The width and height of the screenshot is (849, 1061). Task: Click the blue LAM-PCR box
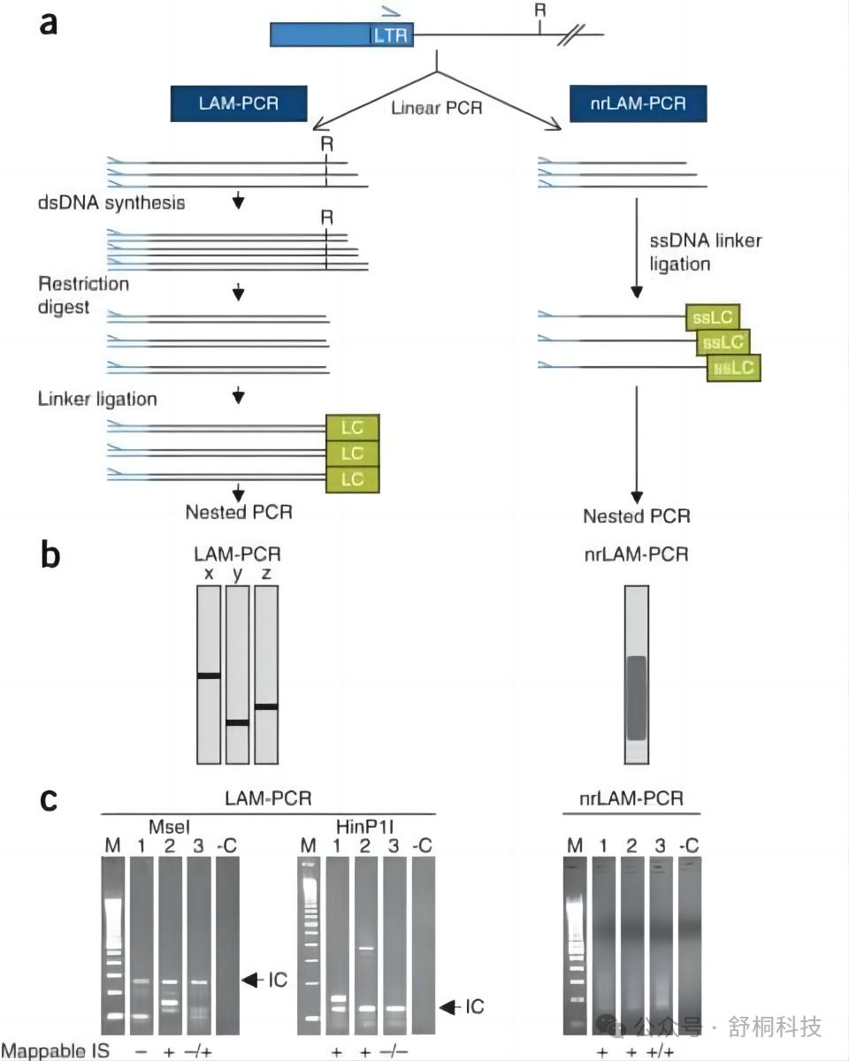(239, 103)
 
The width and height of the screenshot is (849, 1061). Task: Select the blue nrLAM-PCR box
(639, 103)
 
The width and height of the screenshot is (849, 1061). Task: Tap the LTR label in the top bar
(390, 36)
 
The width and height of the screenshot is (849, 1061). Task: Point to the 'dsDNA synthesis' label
(111, 202)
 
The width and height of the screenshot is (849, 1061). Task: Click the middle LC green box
(352, 454)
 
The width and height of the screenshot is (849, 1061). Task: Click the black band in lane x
(208, 676)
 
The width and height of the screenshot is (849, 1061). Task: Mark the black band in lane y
(237, 722)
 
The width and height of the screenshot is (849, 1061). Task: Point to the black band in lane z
(266, 706)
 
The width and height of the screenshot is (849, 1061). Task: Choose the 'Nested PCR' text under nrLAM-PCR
(637, 516)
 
